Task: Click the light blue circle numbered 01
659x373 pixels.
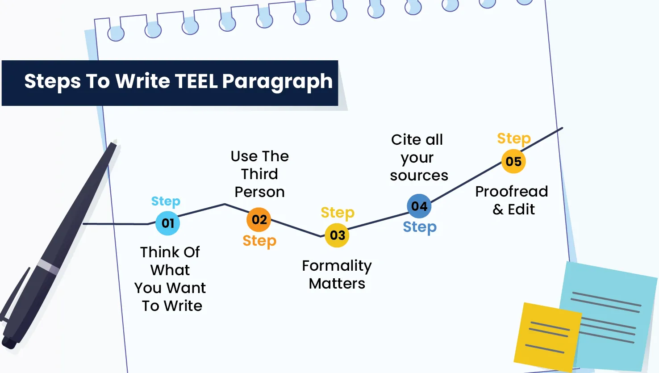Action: [167, 223]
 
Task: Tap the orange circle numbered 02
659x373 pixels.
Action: [259, 219]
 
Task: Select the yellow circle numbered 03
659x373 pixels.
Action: [337, 235]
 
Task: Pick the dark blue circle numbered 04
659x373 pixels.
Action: [419, 206]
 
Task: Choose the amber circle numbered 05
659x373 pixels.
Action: [513, 161]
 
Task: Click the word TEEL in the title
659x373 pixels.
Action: [196, 81]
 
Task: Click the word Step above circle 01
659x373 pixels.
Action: [166, 201]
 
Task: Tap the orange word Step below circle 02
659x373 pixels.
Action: [259, 241]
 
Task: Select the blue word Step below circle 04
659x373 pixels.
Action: [420, 227]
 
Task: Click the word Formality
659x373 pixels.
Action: [337, 266]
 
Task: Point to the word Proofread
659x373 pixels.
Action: [511, 192]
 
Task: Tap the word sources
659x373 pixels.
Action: [419, 176]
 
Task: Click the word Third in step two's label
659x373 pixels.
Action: [259, 174]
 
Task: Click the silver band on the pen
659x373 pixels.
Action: [48, 266]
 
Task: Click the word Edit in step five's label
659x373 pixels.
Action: [521, 210]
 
